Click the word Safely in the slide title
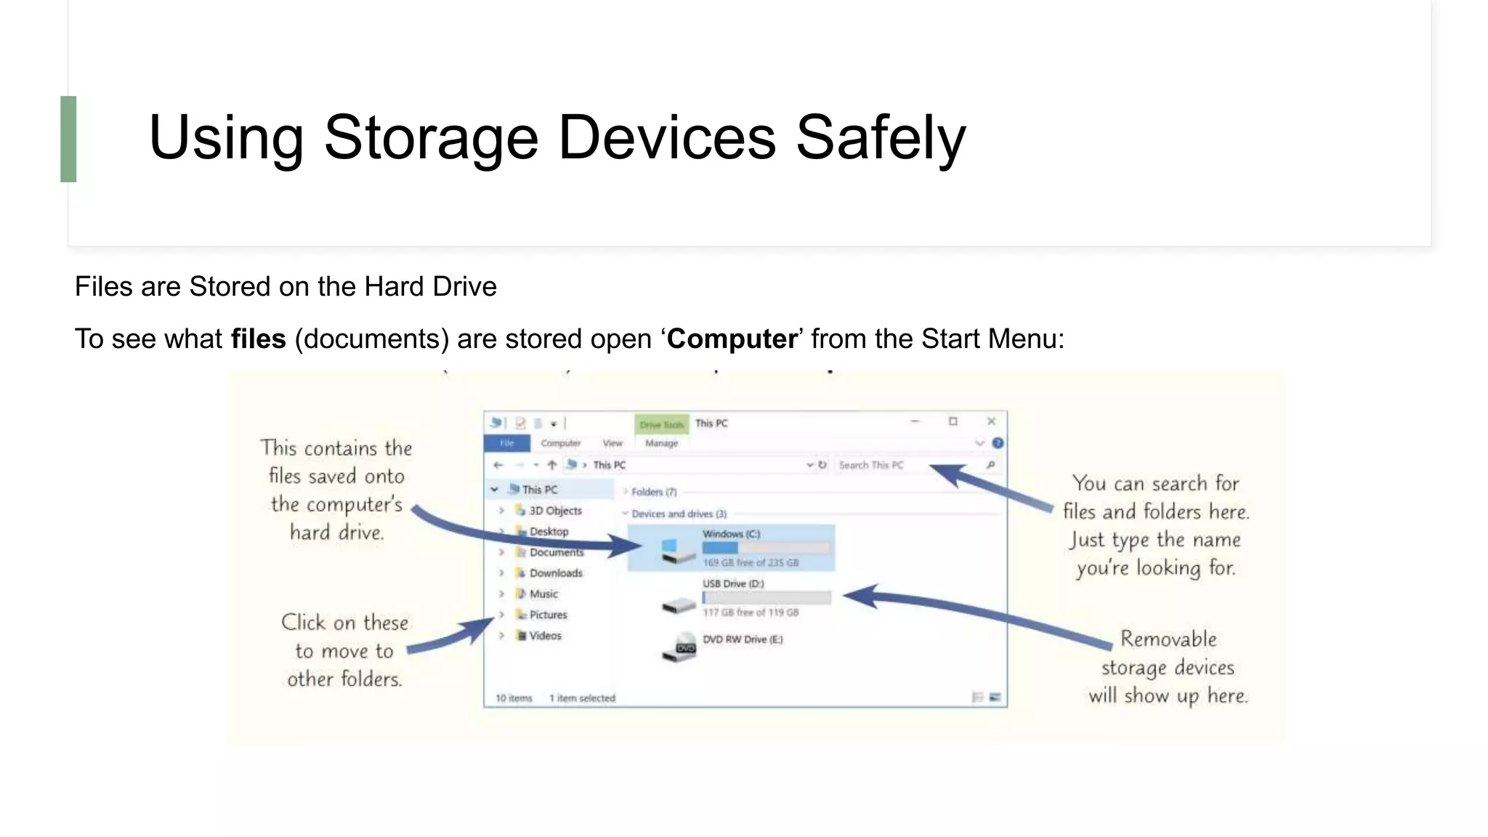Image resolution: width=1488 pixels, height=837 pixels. (x=881, y=138)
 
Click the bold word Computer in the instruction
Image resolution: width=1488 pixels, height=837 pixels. (x=732, y=339)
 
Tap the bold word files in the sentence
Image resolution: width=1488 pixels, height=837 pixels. (x=258, y=339)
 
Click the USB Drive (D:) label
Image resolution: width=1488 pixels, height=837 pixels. (x=732, y=583)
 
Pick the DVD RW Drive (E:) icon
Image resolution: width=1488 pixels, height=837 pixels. (x=679, y=646)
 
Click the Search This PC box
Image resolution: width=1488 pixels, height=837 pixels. (x=908, y=465)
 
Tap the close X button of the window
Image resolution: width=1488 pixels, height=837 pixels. (x=991, y=421)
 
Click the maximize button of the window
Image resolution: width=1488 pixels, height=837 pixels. (x=953, y=421)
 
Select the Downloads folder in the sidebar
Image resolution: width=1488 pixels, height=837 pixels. (x=555, y=573)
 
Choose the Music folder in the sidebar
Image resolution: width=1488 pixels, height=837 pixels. (x=543, y=594)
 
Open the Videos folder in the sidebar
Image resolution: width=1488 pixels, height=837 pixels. (x=545, y=636)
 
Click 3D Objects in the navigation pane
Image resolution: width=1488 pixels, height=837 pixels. (x=555, y=511)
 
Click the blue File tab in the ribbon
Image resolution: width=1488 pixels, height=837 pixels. (x=506, y=443)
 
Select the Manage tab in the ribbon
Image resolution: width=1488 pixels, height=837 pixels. (x=661, y=443)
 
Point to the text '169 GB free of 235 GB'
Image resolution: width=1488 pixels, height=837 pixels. (x=750, y=563)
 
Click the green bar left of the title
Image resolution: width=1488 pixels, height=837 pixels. (x=68, y=139)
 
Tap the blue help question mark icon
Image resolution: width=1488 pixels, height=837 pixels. (x=998, y=443)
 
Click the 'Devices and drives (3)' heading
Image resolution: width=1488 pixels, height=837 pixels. (x=679, y=514)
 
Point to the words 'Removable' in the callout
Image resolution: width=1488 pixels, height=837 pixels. (x=1168, y=639)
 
